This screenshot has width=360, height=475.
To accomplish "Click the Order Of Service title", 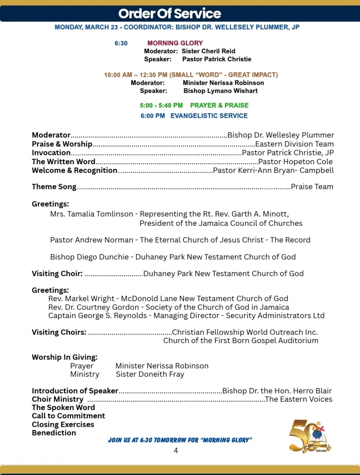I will coord(170,13).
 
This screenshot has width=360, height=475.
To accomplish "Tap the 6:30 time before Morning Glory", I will coord(121,43).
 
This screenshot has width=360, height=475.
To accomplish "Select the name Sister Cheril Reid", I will coord(208,51).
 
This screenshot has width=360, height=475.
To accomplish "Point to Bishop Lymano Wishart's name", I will coord(220,91).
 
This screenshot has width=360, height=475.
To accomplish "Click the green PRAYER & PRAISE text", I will coord(219,105).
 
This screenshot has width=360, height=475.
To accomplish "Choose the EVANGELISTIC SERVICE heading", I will coord(209,116).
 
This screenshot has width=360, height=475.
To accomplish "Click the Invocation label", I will coord(51,153).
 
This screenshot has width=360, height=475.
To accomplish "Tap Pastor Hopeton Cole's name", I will coord(295,162).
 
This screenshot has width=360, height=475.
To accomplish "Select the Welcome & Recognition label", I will coord(74,170).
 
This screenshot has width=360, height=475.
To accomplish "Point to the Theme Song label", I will coord(54,187).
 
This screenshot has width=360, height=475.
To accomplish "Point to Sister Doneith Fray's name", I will coord(150,374).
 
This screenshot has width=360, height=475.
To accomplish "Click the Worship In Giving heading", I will coord(64,357).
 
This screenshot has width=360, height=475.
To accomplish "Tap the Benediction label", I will coord(54,433).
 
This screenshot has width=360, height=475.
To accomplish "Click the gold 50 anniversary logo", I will coord(310,436).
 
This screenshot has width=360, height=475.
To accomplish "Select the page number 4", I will coord(176,450).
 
